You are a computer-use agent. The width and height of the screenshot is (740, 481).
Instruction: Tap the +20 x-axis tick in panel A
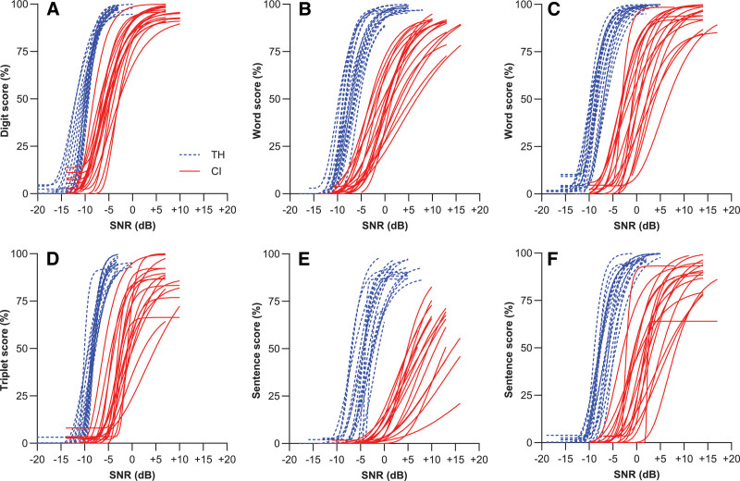pyautogui.click(x=228, y=211)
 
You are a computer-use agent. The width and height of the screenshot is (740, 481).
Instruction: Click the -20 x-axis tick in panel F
pyautogui.click(x=542, y=460)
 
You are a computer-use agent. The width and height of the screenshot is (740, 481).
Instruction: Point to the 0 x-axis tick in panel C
pyautogui.click(x=636, y=211)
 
